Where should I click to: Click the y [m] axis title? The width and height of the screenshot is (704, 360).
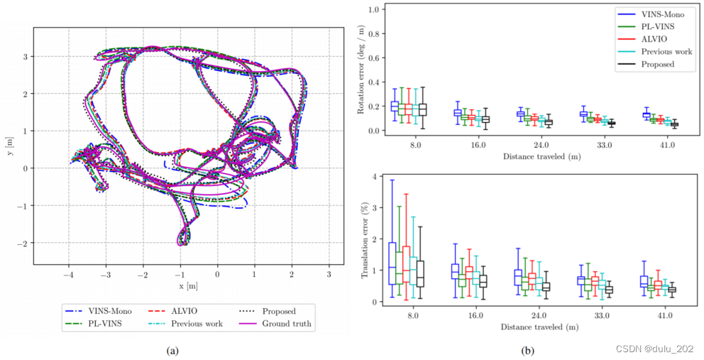point(10,146)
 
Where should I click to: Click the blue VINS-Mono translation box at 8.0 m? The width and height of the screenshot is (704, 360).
point(392,263)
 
